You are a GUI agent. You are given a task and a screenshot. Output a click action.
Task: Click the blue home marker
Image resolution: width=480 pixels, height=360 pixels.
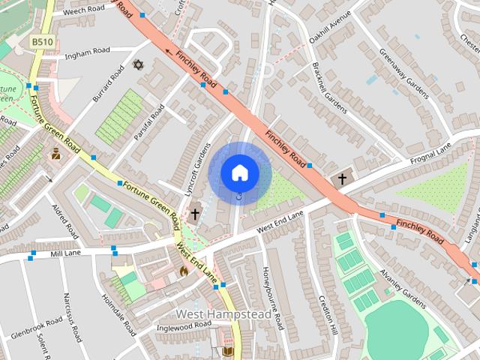pyautogui.click(x=239, y=173)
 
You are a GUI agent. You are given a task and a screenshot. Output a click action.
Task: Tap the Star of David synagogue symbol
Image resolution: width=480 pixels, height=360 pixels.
pyautogui.click(x=137, y=65)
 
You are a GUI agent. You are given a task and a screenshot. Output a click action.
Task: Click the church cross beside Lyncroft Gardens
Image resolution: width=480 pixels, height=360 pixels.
pyautogui.click(x=194, y=214)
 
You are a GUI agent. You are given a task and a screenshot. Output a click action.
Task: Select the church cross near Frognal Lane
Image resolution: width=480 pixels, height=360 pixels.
pyautogui.click(x=342, y=179)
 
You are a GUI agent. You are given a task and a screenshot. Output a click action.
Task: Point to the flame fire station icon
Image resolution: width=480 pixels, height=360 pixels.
pyautogui.click(x=183, y=271)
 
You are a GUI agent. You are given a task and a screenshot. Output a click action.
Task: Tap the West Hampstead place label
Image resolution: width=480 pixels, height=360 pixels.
pyautogui.click(x=223, y=313)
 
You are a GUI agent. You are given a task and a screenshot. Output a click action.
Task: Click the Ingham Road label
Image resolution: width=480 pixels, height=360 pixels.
pyautogui.click(x=87, y=53)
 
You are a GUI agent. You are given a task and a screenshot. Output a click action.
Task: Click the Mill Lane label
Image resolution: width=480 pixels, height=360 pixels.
pyautogui.click(x=65, y=254)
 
